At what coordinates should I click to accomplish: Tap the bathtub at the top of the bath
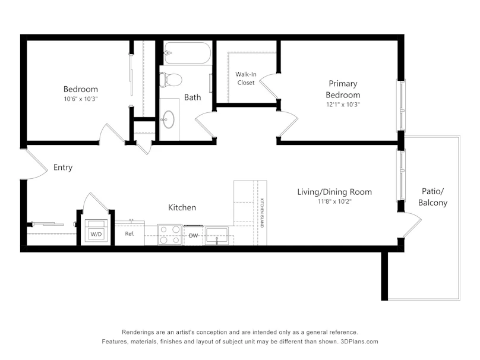tap(187, 53)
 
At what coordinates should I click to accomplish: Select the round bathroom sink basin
tap(169, 119)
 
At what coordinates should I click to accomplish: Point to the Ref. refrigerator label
tap(130, 234)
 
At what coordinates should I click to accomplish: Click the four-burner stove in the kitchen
tap(170, 235)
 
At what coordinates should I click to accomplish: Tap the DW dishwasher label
tap(193, 235)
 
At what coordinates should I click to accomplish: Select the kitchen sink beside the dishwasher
tap(217, 236)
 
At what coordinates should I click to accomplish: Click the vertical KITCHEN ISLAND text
tap(262, 213)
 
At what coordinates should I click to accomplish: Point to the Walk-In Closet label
tap(246, 78)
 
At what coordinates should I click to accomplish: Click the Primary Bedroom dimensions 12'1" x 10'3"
tap(343, 105)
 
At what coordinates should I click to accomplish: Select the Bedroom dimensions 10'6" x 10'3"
tap(81, 99)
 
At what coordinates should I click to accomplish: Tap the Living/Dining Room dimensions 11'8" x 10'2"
tap(334, 201)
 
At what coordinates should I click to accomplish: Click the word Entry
tap(63, 168)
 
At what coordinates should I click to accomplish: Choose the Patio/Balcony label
tap(432, 197)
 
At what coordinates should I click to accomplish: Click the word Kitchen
tap(182, 207)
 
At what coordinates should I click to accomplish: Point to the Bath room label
tap(192, 97)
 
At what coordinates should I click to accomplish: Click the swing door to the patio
tap(412, 227)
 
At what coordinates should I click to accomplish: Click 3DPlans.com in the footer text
tap(359, 342)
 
